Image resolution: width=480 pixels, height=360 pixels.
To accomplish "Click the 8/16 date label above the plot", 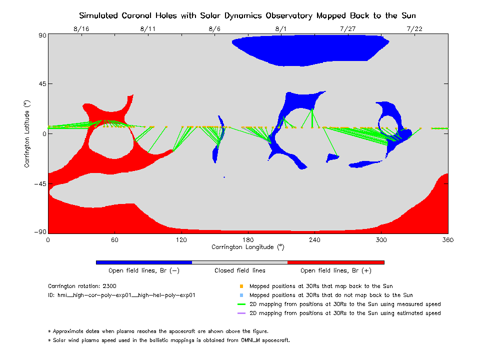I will click(x=81, y=29).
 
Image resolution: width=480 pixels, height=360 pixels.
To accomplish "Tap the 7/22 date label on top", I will click(x=414, y=29).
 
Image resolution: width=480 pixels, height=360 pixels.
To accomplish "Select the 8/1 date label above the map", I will click(x=281, y=29).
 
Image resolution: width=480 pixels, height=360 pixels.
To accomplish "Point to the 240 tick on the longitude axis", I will click(x=314, y=240).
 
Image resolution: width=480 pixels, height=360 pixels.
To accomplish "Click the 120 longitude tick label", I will click(x=181, y=240).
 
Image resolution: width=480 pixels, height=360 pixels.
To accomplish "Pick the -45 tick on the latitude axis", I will click(x=40, y=183).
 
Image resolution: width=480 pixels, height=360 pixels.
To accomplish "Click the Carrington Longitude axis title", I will click(x=248, y=247).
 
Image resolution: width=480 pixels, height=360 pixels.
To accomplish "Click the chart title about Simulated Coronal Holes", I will click(x=247, y=15).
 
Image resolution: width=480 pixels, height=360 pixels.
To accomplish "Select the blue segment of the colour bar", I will click(x=144, y=262).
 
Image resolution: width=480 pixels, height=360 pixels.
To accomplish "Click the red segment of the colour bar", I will click(x=335, y=262).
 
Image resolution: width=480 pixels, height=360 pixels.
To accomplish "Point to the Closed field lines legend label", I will click(x=240, y=270).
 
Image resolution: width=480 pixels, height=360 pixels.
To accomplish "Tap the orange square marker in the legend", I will click(x=241, y=286).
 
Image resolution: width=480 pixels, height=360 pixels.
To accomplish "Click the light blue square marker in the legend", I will click(x=241, y=295).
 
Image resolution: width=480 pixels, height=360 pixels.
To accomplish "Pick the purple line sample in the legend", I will click(x=241, y=313).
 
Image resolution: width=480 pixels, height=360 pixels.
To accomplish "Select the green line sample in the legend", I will click(x=241, y=304).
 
